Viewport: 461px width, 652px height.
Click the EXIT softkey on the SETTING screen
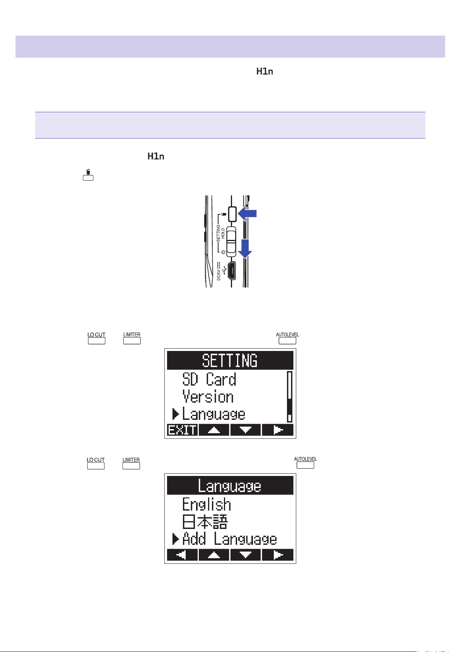(x=183, y=430)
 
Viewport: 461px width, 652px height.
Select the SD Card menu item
(x=209, y=379)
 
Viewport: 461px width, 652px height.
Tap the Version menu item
(x=208, y=397)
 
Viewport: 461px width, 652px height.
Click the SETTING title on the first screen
(x=230, y=360)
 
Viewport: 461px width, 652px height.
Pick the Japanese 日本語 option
(x=205, y=522)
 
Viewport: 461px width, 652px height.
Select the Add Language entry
(x=229, y=539)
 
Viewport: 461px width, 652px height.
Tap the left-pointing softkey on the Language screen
(x=183, y=554)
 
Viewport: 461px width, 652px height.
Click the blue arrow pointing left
(x=247, y=213)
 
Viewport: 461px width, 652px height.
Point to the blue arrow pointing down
(x=245, y=248)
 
